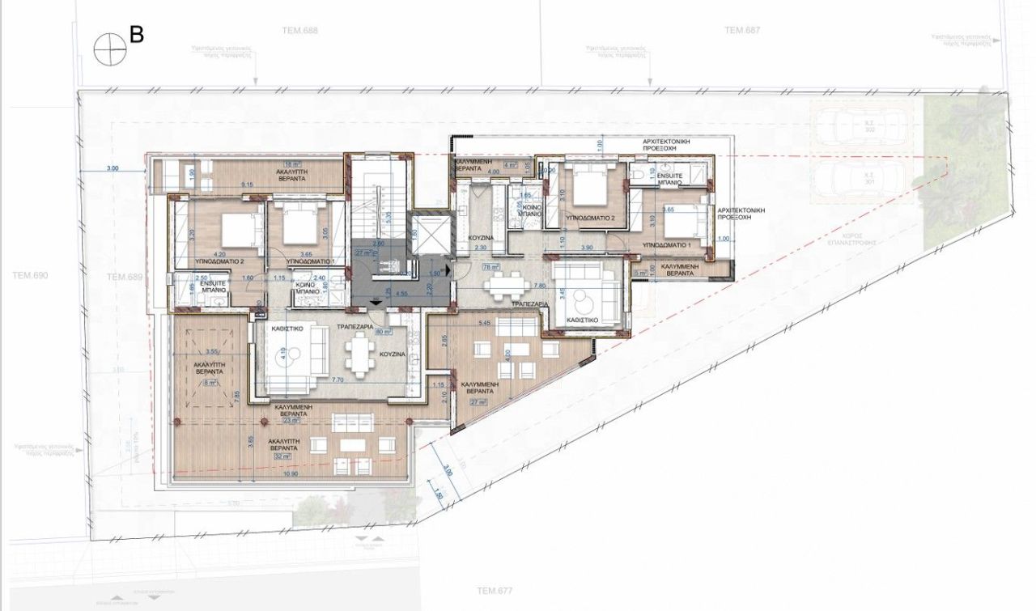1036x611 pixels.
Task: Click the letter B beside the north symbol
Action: pyautogui.click(x=137, y=36)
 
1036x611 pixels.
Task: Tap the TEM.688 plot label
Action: pyautogui.click(x=299, y=30)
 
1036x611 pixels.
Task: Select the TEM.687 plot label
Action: pyautogui.click(x=741, y=30)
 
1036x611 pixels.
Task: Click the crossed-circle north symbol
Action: pyautogui.click(x=110, y=50)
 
